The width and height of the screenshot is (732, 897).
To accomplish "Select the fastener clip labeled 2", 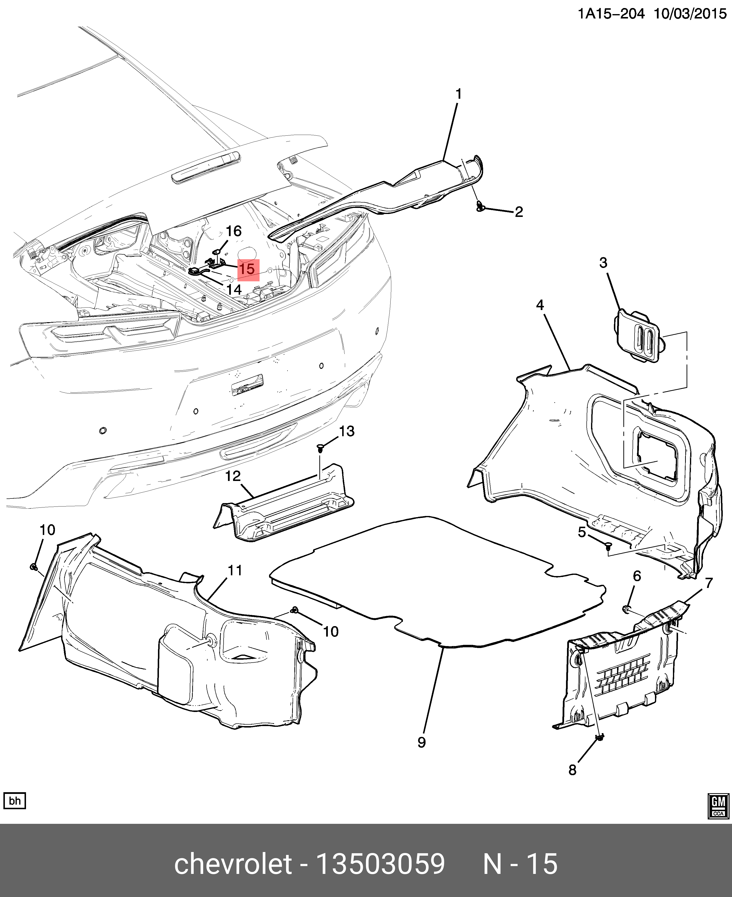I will pyautogui.click(x=480, y=207).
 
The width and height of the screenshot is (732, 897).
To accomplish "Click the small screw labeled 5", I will pyautogui.click(x=608, y=547).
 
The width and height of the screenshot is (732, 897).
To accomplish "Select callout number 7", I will pyautogui.click(x=709, y=583).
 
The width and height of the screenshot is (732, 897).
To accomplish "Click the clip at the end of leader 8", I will pyautogui.click(x=600, y=737).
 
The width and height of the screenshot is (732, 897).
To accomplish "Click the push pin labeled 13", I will pyautogui.click(x=321, y=448).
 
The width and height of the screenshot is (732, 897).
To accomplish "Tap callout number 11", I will pyautogui.click(x=235, y=570).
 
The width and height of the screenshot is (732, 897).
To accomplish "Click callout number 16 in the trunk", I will pyautogui.click(x=234, y=231).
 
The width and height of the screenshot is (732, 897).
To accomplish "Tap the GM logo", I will pyautogui.click(x=718, y=806).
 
